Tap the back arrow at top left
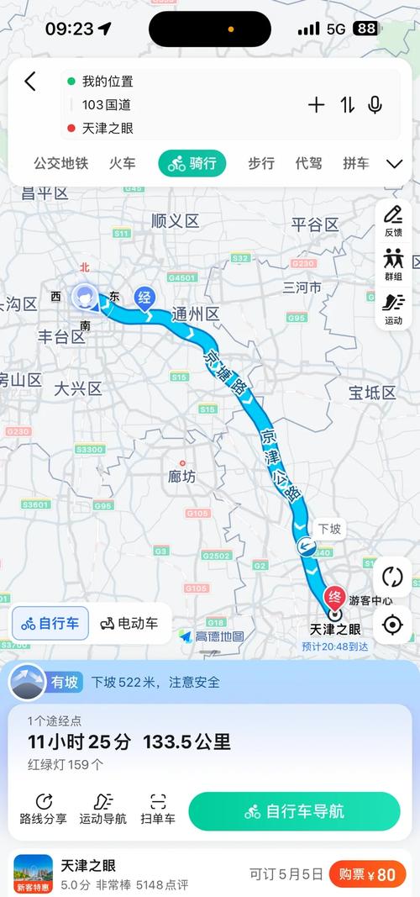coord(30,82)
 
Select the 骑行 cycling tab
coord(192,163)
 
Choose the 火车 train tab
coord(122,163)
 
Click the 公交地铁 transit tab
coord(60,163)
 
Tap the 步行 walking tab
coord(261,163)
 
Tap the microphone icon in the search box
coord(375,105)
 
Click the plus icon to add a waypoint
coord(316,105)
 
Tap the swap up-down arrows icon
coord(347,105)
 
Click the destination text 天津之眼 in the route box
coord(108,129)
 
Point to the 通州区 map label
coord(195,314)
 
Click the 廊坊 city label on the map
coord(181,477)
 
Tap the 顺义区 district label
coord(176,221)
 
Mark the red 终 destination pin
coord(334,598)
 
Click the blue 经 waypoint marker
coord(144,298)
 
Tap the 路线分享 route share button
coord(44,810)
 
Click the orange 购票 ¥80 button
coord(367,874)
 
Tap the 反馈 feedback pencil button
coord(393,221)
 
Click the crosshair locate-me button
coord(392,625)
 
